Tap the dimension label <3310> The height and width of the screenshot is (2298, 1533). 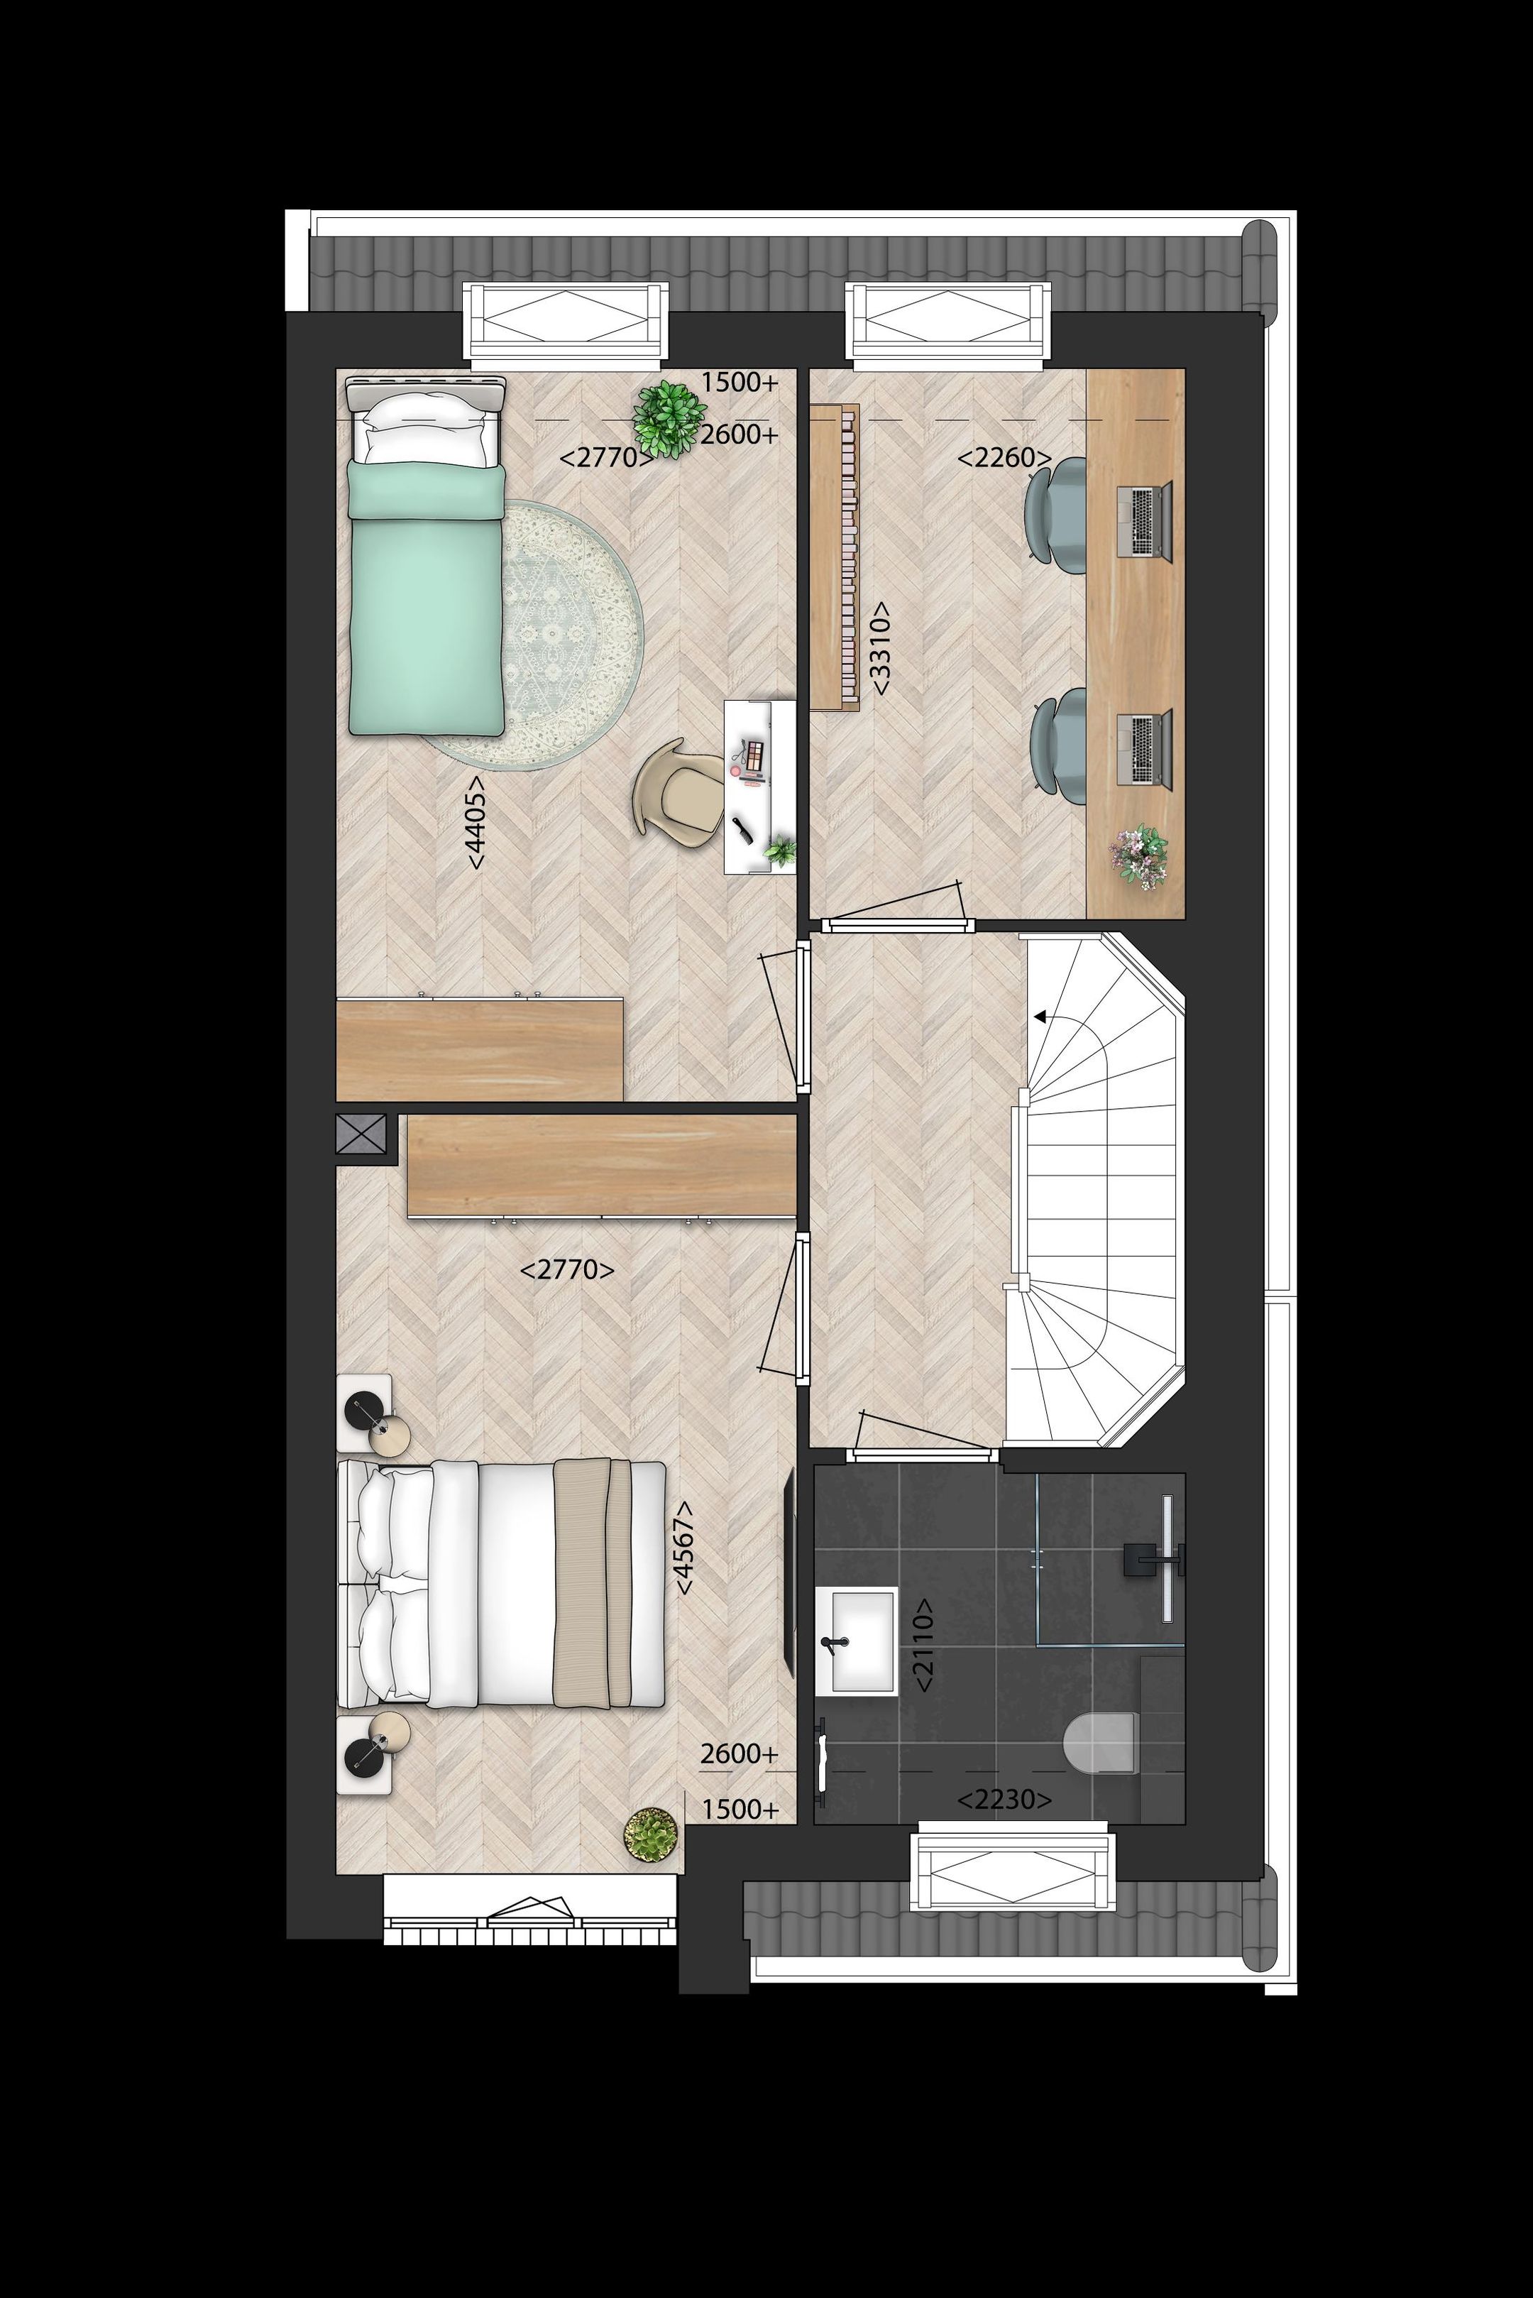880,648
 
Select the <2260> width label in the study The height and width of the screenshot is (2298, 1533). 1004,458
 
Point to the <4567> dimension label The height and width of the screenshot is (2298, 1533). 684,1547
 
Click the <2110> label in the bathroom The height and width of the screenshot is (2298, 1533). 923,1645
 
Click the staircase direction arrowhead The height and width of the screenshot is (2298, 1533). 1040,1017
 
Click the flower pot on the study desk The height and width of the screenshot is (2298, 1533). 1139,855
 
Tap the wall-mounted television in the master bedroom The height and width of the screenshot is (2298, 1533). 790,1573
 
